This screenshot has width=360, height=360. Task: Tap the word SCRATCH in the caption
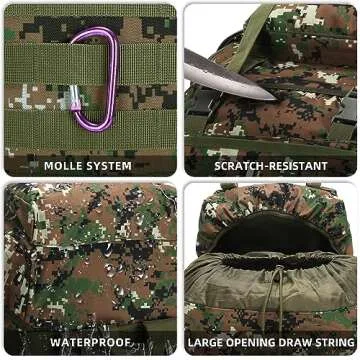point(241,165)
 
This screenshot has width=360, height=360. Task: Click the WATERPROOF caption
point(91,342)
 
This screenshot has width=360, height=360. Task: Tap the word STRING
point(335,342)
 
